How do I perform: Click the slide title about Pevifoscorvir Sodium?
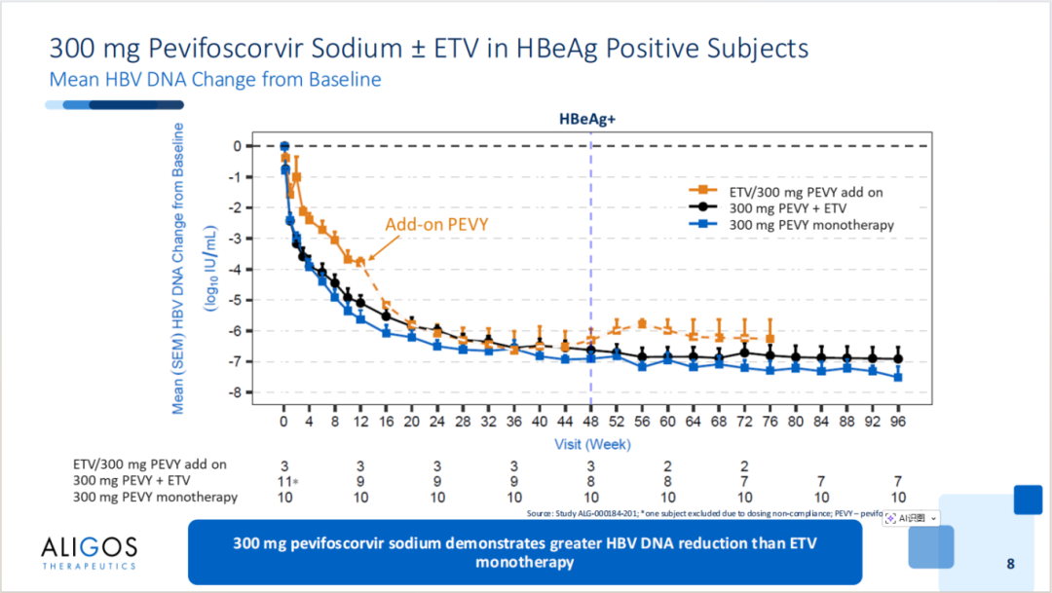point(429,48)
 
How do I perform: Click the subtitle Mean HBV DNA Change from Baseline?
point(214,79)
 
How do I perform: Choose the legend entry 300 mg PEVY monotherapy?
point(811,225)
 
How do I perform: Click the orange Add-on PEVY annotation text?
point(436,224)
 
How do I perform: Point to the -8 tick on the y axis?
point(233,392)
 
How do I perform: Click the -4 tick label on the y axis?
point(233,269)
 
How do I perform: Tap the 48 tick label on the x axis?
point(590,424)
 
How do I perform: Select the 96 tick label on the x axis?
point(897,424)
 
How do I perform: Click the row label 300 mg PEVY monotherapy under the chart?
point(155,498)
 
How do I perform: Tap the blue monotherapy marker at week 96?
point(897,377)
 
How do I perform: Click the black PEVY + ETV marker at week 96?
point(897,358)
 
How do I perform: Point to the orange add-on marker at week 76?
point(770,338)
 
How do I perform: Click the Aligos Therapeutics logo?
point(90,551)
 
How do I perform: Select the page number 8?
point(1010,564)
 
